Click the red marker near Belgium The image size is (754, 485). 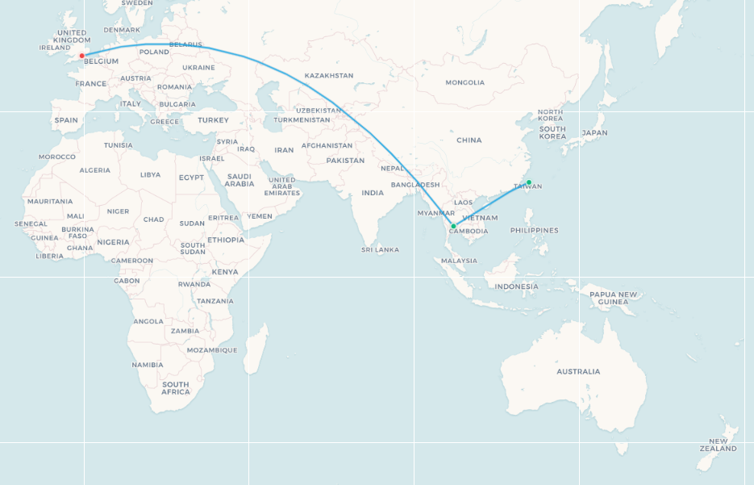coord(82,56)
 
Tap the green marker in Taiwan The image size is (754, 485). coord(529,182)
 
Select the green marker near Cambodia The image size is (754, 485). coord(453,226)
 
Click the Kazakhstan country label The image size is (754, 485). coord(329,76)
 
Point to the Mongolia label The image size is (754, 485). coord(465,82)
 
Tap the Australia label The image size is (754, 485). coord(578,372)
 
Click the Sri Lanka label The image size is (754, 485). coord(381,249)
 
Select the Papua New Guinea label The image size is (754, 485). coord(613,298)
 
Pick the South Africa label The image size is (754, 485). coord(175,388)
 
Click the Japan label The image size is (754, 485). coord(594,132)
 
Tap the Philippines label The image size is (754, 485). coord(534,230)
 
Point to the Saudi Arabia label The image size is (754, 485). coord(240,180)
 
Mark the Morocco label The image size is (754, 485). coord(56,157)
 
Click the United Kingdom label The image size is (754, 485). coord(72,36)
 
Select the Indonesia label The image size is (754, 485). coord(516,286)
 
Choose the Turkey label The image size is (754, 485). coord(213,120)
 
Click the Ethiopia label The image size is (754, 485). coord(225,240)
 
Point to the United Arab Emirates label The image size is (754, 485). coord(282,186)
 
